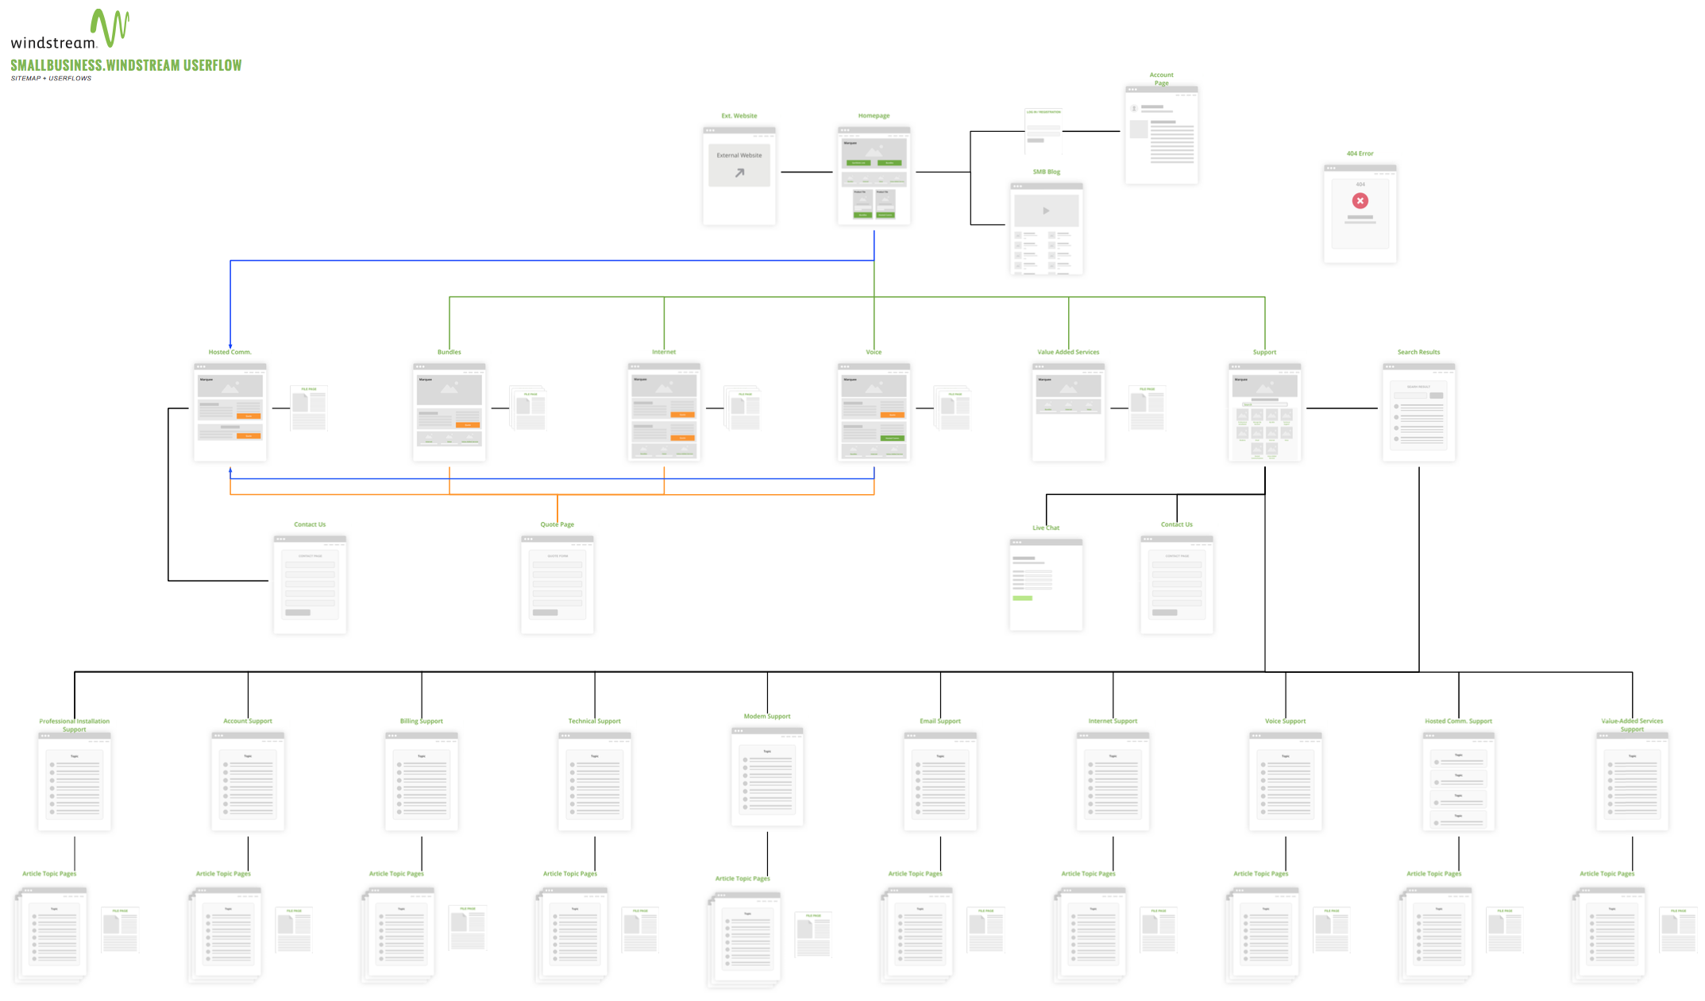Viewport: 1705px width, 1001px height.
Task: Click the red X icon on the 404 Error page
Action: pyautogui.click(x=1360, y=201)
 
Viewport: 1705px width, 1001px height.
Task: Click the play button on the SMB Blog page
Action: pyautogui.click(x=1046, y=211)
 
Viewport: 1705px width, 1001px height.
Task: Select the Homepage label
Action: pyautogui.click(x=874, y=116)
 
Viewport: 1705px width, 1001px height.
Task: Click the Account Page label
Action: pyautogui.click(x=1161, y=79)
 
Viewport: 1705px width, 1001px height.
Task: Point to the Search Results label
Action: pyautogui.click(x=1418, y=352)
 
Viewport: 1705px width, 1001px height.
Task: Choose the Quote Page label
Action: pyautogui.click(x=557, y=524)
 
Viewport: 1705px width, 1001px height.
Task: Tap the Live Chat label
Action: pyautogui.click(x=1046, y=528)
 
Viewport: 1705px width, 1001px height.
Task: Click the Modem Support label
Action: pyautogui.click(x=767, y=717)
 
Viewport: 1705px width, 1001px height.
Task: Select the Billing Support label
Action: pyautogui.click(x=422, y=721)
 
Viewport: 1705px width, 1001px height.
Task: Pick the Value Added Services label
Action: pyautogui.click(x=1068, y=352)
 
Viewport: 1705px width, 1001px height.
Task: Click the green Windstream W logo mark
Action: pyautogui.click(x=110, y=28)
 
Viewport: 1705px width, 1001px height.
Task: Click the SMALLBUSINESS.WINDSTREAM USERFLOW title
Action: pyautogui.click(x=126, y=65)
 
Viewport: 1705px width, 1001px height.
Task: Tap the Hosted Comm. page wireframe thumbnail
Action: pyautogui.click(x=230, y=412)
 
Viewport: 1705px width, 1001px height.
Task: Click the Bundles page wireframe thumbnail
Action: pyautogui.click(x=449, y=412)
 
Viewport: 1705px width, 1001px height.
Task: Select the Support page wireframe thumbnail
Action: pyautogui.click(x=1264, y=412)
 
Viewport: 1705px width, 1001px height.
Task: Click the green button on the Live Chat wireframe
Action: pyautogui.click(x=1022, y=598)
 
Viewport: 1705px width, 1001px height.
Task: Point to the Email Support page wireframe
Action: pyautogui.click(x=940, y=782)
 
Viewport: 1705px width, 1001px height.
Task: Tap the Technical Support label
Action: pyautogui.click(x=594, y=721)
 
